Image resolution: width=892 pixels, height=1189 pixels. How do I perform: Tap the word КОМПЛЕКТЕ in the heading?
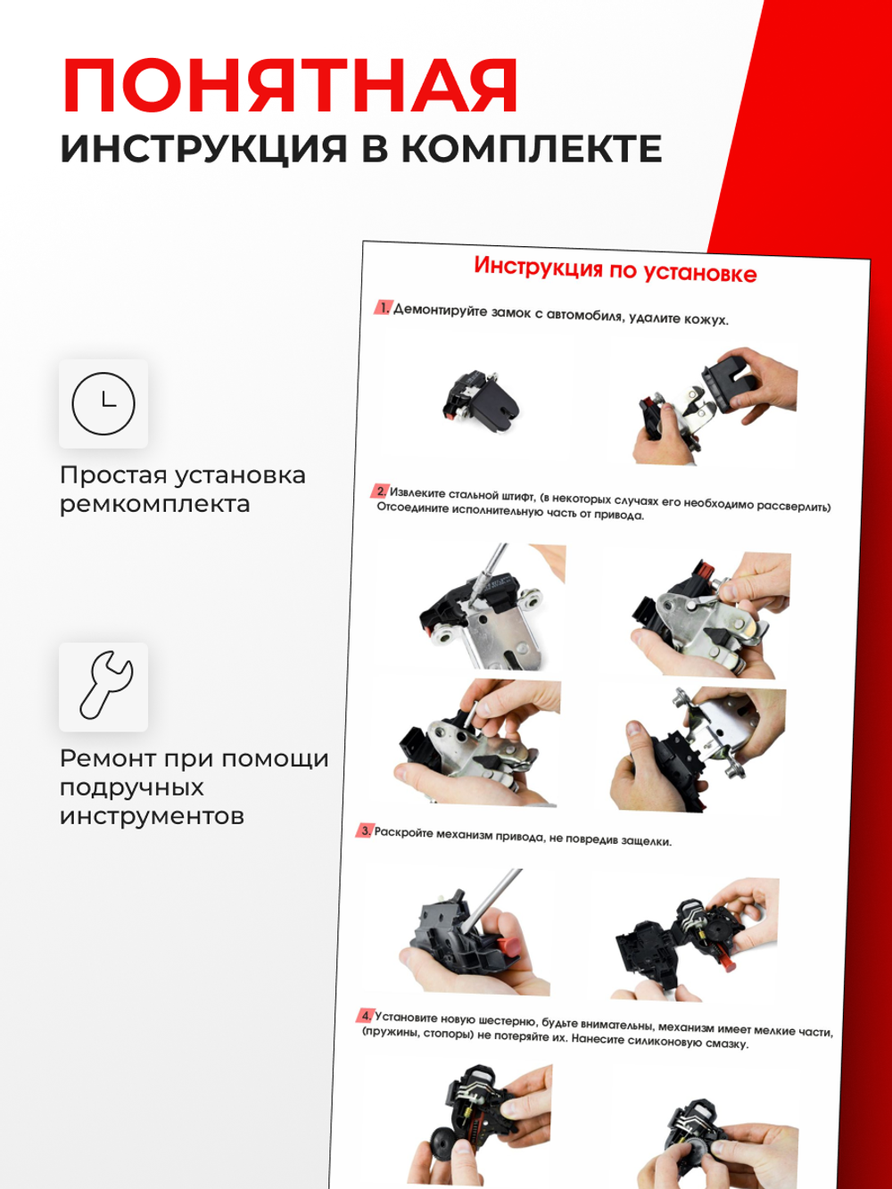coord(531,149)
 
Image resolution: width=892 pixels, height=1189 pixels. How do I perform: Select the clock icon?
coord(103,403)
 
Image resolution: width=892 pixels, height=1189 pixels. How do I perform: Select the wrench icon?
coord(103,686)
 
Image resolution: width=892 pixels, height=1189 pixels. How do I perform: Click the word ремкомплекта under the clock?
coord(154,504)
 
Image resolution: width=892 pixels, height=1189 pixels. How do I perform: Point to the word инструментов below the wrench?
coord(151,816)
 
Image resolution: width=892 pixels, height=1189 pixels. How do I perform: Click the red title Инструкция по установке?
coord(615,269)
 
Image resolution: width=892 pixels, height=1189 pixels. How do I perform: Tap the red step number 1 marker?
coord(383,307)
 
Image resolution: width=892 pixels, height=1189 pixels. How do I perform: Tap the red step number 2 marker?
coord(380,491)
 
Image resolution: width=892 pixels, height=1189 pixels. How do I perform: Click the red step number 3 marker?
coord(365,830)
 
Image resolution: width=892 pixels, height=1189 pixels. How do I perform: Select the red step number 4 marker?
coord(366,1015)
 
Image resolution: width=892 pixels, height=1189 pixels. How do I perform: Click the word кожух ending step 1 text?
coord(707,319)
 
